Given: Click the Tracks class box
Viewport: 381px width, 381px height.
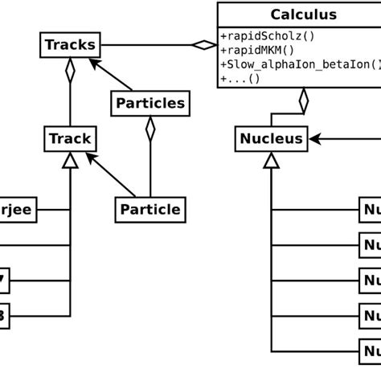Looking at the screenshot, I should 70,45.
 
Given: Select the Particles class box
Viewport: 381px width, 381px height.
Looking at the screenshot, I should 150,103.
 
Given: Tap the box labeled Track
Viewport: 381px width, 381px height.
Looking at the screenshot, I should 70,139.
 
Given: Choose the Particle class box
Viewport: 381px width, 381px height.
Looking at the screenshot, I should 150,210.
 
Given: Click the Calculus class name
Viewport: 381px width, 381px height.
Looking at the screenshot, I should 303,14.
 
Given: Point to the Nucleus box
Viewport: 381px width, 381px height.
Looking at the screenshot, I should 271,139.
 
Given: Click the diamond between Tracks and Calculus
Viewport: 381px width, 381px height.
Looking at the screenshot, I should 203,45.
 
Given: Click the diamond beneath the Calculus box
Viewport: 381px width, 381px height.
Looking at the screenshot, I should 303,100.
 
